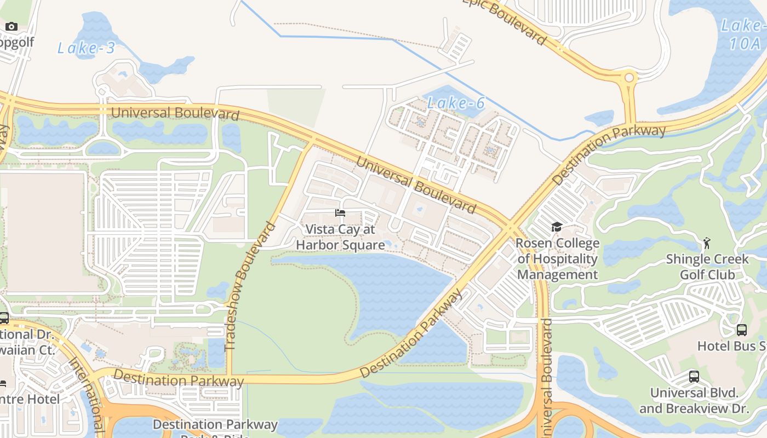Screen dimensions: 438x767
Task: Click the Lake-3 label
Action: coord(86,48)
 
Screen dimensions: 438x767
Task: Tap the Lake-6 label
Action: coord(456,103)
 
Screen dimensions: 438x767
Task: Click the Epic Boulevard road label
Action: coord(507,21)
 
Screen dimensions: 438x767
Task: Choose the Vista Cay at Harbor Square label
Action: coord(340,237)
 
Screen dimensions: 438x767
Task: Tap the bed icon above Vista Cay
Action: coord(340,213)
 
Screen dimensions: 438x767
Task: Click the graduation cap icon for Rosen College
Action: coord(557,227)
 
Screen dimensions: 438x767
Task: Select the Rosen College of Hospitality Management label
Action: coord(558,259)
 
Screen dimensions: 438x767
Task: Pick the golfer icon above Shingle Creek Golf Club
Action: coord(707,243)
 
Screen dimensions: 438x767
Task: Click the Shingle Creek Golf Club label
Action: coord(707,267)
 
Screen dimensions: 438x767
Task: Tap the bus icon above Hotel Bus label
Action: coord(741,330)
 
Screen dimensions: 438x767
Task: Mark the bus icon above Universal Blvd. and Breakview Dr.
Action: coord(694,377)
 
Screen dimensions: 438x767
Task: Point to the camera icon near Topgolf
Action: coord(12,26)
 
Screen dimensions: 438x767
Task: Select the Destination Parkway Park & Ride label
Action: coord(215,428)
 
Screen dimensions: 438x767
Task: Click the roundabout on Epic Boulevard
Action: coord(629,78)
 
